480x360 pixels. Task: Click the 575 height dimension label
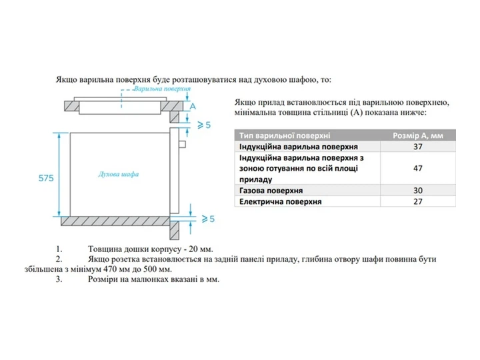(46, 178)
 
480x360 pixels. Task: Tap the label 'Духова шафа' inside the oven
(119, 174)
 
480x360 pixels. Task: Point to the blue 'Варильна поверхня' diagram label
(162, 89)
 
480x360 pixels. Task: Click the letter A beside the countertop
(193, 106)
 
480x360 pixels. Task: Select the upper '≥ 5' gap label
(204, 125)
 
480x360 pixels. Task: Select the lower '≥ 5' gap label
(208, 219)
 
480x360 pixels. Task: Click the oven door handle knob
(182, 144)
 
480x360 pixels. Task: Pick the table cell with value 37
(418, 147)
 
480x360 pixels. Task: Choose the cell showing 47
(418, 168)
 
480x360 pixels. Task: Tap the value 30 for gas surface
(418, 191)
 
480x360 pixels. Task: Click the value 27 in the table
(418, 201)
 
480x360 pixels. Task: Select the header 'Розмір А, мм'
(418, 135)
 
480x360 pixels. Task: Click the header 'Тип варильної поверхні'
(285, 135)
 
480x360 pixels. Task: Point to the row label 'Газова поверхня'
(271, 191)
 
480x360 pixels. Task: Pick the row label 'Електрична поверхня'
(281, 202)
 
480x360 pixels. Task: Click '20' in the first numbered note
(193, 249)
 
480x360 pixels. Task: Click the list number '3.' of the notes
(59, 279)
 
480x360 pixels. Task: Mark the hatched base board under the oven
(115, 221)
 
